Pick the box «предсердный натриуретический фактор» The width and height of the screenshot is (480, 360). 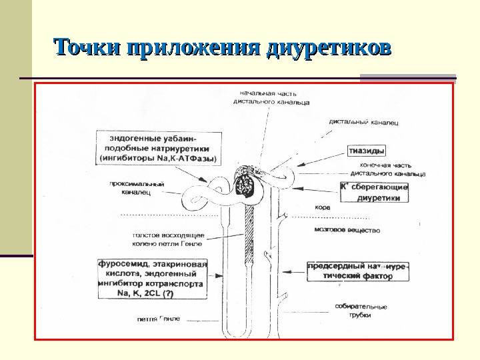(357, 271)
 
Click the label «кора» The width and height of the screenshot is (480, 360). (322, 207)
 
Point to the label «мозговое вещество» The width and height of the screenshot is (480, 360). (346, 231)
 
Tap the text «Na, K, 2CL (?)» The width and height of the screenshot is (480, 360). (145, 293)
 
